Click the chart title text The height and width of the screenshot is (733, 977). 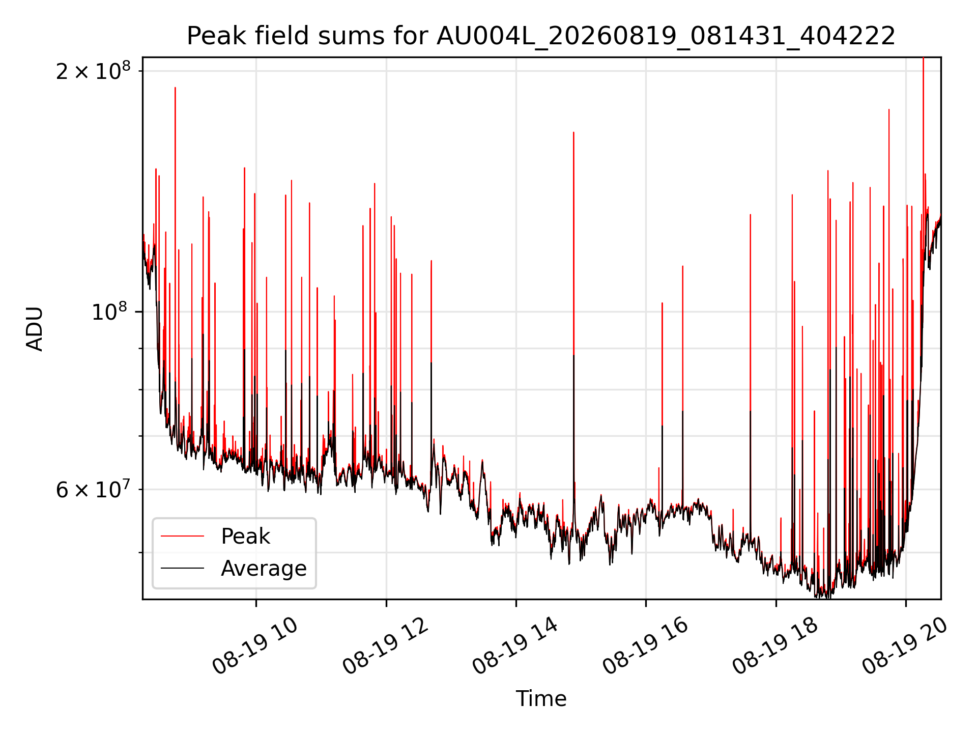[541, 36]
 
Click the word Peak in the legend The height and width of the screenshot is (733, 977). [245, 537]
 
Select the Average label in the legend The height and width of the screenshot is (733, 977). [264, 569]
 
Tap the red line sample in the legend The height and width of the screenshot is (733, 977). [182, 536]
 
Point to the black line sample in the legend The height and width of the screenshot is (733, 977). [182, 568]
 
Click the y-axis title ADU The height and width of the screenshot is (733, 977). [35, 328]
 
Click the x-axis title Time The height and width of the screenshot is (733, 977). [541, 699]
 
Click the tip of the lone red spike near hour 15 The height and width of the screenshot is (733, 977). [573, 132]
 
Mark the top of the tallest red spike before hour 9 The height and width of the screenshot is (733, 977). [175, 88]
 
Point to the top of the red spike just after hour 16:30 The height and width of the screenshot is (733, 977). [682, 266]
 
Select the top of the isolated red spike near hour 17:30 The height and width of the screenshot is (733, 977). [750, 215]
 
